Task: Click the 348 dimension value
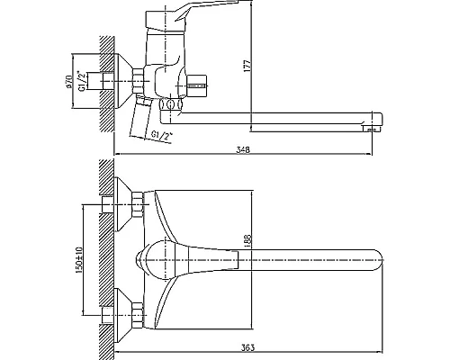pyautogui.click(x=243, y=149)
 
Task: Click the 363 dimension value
pyautogui.click(x=247, y=347)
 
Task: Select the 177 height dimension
pyautogui.click(x=247, y=66)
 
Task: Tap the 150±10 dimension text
pyautogui.click(x=78, y=259)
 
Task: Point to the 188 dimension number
pyautogui.click(x=247, y=239)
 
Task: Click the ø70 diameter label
pyautogui.click(x=68, y=82)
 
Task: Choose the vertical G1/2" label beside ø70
pyautogui.click(x=81, y=81)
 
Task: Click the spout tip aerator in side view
pyautogui.click(x=371, y=129)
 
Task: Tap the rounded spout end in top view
pyautogui.click(x=379, y=260)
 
